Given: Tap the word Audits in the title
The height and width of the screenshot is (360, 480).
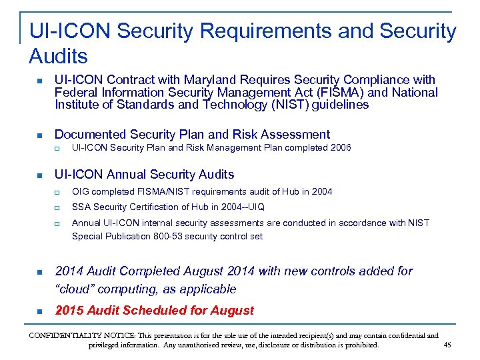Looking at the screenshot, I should point(58,55).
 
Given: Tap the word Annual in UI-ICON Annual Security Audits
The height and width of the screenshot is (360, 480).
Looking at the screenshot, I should point(128,175).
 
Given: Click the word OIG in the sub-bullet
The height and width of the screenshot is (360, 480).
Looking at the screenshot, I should point(81,192).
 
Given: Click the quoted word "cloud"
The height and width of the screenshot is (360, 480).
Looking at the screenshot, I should point(77,289).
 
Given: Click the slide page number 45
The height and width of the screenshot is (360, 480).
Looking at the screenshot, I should point(447,345).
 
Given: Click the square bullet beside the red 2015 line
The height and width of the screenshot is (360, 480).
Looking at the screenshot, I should point(39,311).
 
